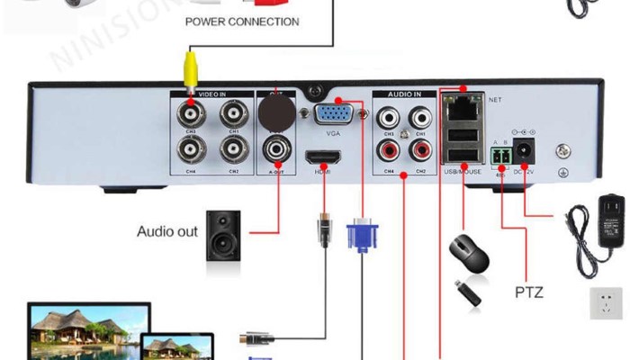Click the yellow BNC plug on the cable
pyautogui.click(x=191, y=66)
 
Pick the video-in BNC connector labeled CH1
pyautogui.click(x=234, y=114)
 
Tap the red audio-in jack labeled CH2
pyautogui.click(x=419, y=149)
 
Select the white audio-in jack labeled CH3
pyautogui.click(x=389, y=116)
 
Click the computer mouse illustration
pyautogui.click(x=469, y=253)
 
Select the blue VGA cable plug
pyautogui.click(x=361, y=236)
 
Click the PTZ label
pyautogui.click(x=530, y=292)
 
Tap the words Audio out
pyautogui.click(x=167, y=231)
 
